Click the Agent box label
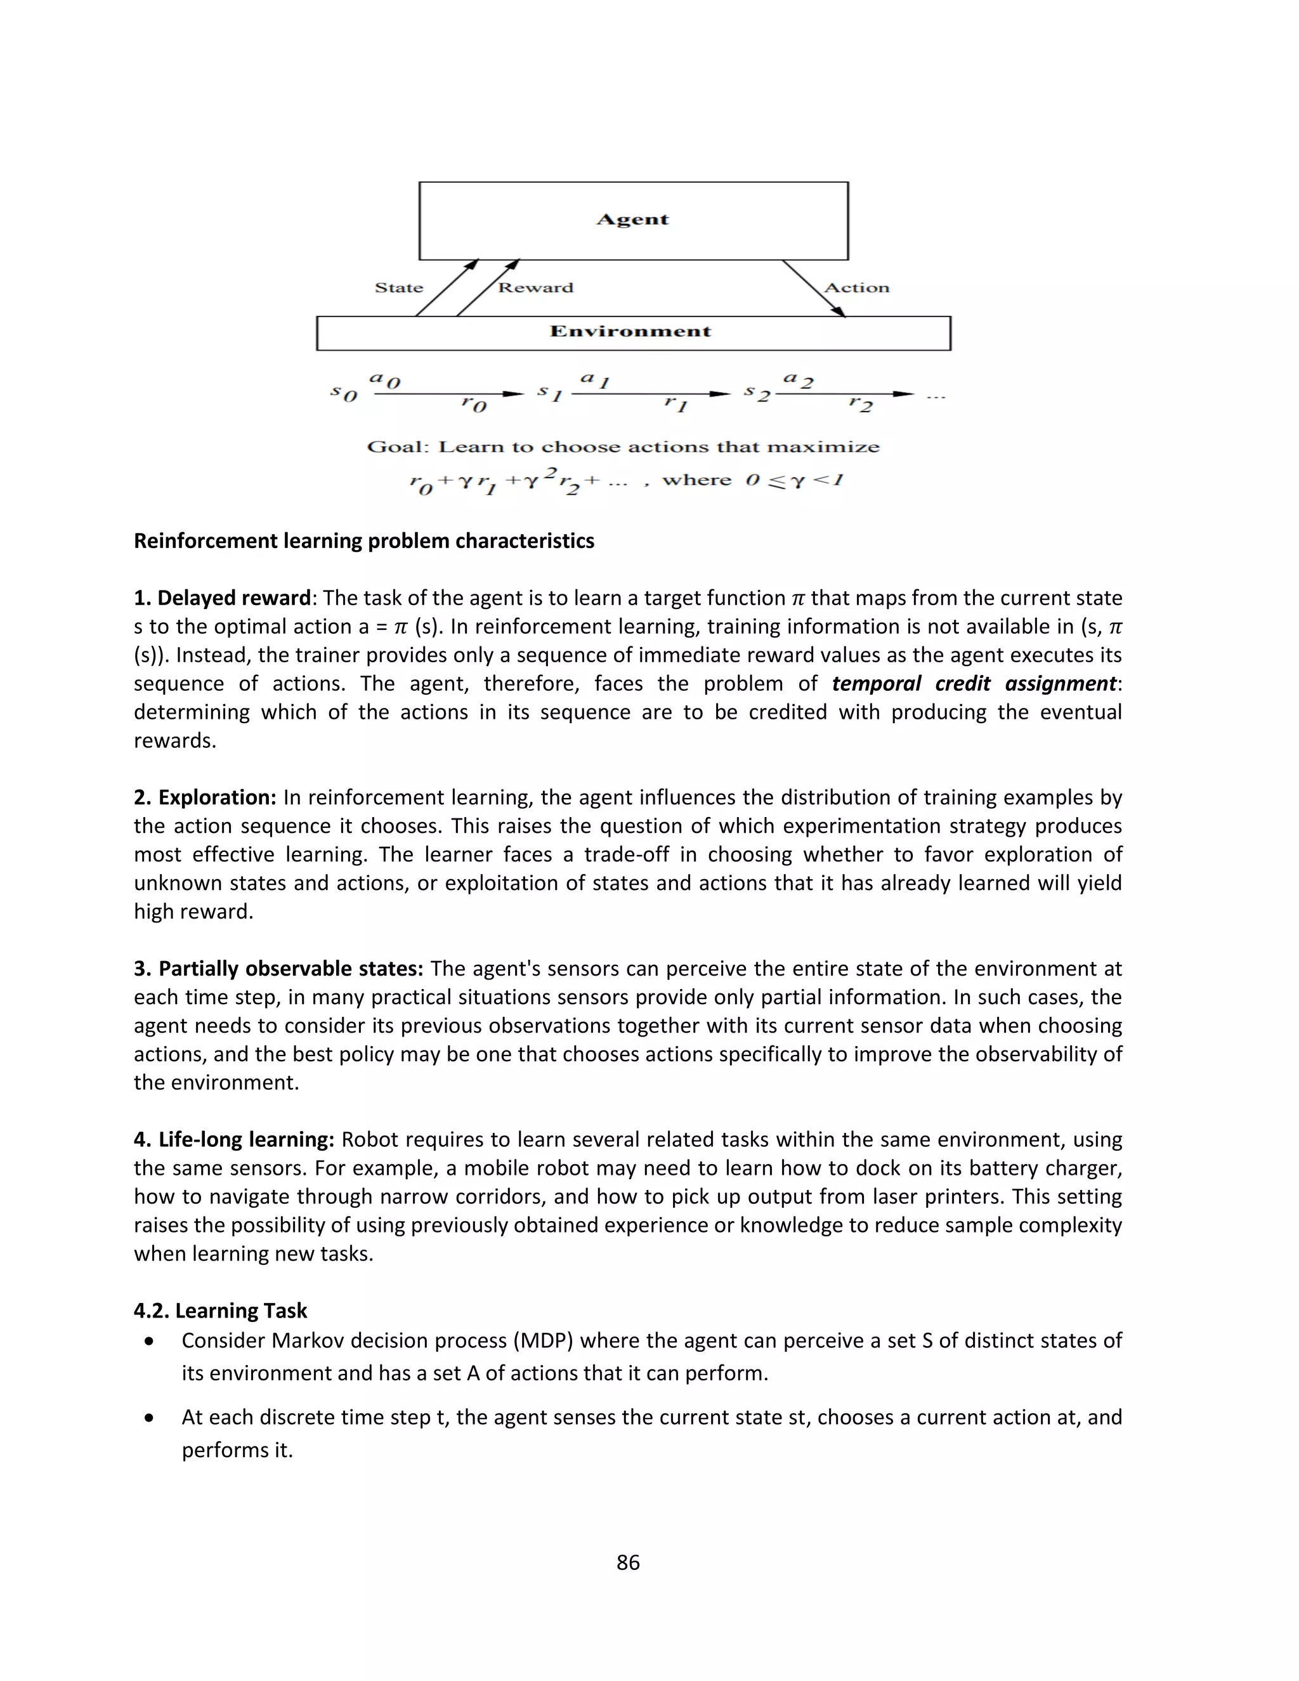pyautogui.click(x=632, y=219)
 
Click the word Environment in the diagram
pyautogui.click(x=630, y=332)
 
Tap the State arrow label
pyautogui.click(x=398, y=288)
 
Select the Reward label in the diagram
pyautogui.click(x=535, y=288)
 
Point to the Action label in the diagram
pyautogui.click(x=856, y=288)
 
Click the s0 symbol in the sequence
pyautogui.click(x=344, y=393)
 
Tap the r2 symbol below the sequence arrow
pyautogui.click(x=860, y=403)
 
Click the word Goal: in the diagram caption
pyautogui.click(x=397, y=447)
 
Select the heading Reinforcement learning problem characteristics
pyautogui.click(x=364, y=541)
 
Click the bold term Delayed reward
pyautogui.click(x=233, y=598)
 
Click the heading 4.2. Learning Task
pyautogui.click(x=220, y=1310)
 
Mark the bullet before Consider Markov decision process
pyautogui.click(x=149, y=1342)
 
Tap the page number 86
pyautogui.click(x=628, y=1562)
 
